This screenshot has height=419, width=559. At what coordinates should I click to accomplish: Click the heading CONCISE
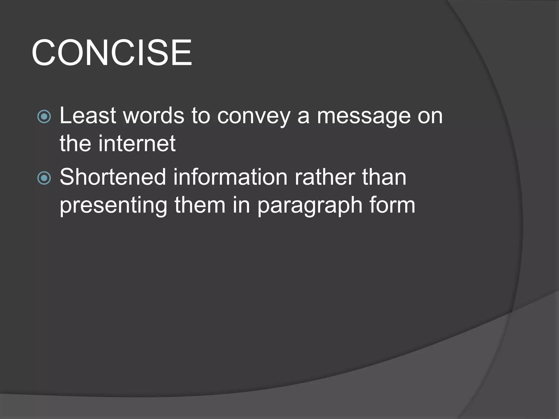click(x=112, y=52)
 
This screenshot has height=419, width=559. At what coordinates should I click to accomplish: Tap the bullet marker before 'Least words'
click(x=44, y=117)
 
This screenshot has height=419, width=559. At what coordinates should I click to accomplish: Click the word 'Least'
click(x=88, y=116)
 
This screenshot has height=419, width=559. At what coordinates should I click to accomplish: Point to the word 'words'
click(x=154, y=116)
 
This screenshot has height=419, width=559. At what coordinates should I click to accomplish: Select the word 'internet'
click(x=137, y=143)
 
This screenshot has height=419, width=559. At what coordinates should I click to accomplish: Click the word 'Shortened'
click(x=113, y=177)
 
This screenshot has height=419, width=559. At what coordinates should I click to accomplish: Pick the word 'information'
click(x=230, y=177)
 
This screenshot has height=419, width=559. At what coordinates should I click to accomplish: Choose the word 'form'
click(x=392, y=205)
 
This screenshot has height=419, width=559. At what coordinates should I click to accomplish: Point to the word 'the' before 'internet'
click(x=75, y=143)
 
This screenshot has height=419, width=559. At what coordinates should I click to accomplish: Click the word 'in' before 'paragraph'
click(x=242, y=205)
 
